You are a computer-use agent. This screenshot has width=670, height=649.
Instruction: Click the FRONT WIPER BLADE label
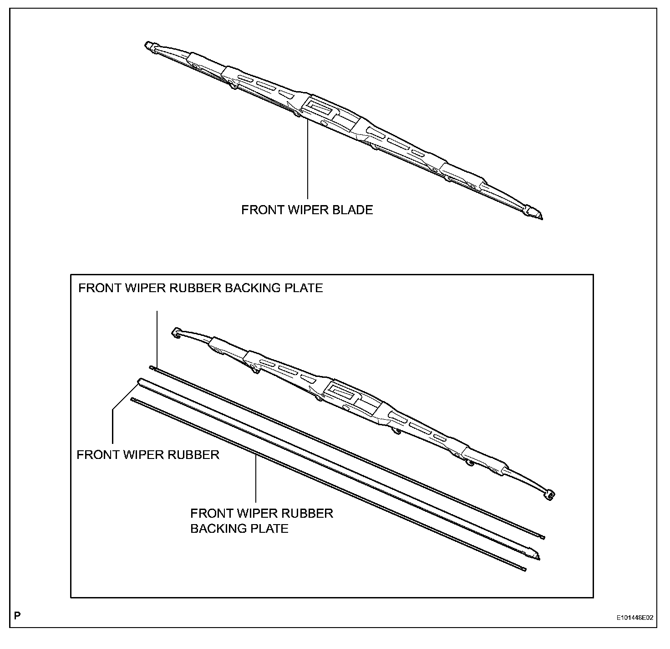tap(307, 210)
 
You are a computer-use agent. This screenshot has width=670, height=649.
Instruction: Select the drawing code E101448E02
tap(635, 618)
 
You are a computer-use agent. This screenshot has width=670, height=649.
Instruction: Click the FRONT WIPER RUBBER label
tap(148, 455)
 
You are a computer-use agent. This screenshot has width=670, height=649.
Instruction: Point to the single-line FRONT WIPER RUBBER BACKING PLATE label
tap(200, 288)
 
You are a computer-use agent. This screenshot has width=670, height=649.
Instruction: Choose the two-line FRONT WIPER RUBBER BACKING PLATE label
tap(262, 521)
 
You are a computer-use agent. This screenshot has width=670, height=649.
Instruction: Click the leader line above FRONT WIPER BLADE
tap(308, 160)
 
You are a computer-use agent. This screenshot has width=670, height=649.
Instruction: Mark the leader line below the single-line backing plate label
tap(157, 337)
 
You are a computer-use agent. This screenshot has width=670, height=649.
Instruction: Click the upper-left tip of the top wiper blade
tap(149, 45)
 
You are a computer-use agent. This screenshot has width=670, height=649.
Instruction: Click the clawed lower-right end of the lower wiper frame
tap(550, 495)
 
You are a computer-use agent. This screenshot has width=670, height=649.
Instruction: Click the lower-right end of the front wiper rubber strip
tap(538, 556)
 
